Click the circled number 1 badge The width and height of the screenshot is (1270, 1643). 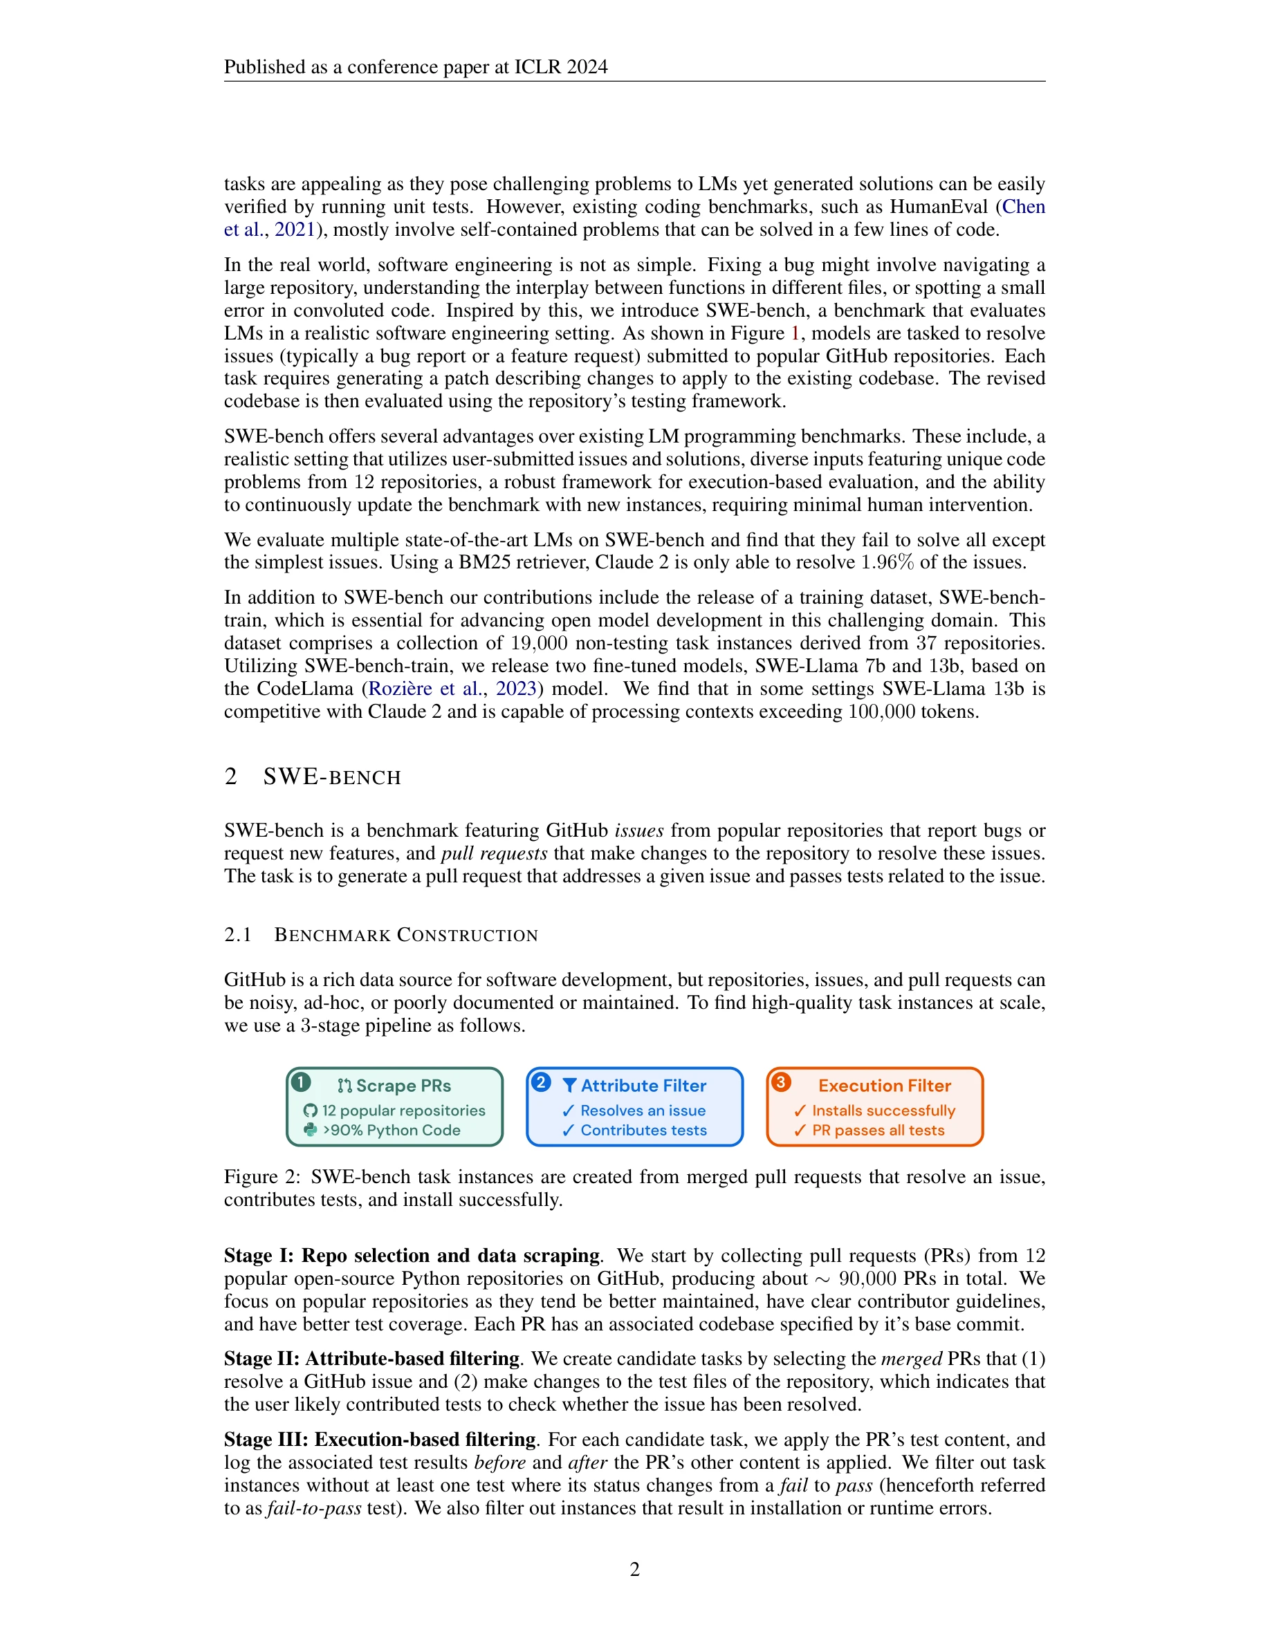(301, 1083)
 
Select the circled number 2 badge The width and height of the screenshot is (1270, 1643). (541, 1083)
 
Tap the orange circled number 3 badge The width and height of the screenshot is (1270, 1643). (781, 1083)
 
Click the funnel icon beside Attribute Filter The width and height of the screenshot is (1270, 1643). (569, 1086)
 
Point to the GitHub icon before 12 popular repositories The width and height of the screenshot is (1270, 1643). (310, 1111)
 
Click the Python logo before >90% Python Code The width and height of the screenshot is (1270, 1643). (310, 1130)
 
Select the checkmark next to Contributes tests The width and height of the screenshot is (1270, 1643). (568, 1131)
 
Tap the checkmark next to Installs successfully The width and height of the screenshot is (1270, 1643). (800, 1111)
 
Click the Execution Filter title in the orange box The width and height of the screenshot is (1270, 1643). (884, 1086)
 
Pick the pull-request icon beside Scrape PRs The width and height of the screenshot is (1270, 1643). (345, 1086)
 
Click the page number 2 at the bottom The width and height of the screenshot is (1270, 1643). (634, 1569)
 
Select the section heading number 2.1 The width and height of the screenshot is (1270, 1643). (238, 935)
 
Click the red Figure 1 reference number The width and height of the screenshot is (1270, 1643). (795, 333)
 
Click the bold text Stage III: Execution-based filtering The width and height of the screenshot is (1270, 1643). (380, 1440)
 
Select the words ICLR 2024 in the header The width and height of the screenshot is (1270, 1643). (560, 67)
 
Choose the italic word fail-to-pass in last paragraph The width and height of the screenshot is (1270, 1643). (315, 1508)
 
